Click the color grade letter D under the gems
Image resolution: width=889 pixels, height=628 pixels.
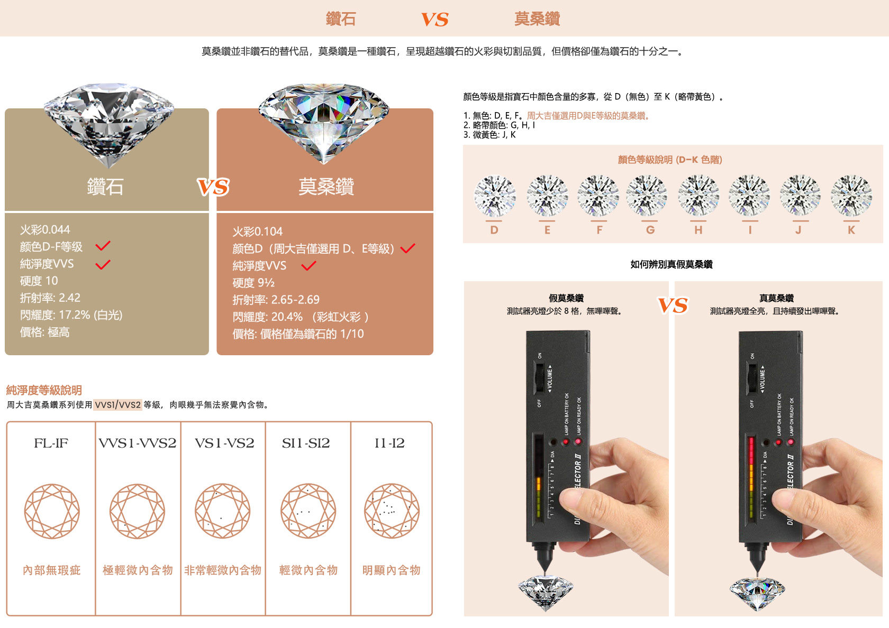coord(494,230)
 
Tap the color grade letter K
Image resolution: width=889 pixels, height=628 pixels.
coord(851,230)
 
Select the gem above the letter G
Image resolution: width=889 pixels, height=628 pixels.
coord(647,196)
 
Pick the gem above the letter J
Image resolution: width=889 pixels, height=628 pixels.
coord(800,196)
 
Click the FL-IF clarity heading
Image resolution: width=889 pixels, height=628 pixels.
coord(51,443)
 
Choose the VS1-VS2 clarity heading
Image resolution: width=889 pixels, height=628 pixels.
coord(224,443)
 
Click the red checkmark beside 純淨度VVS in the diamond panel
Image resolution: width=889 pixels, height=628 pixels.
coord(103,264)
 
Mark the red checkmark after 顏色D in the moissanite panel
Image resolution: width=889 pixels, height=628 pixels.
coord(407,248)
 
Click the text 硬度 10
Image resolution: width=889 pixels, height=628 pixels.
coord(39,281)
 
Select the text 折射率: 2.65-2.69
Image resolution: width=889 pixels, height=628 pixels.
coord(276,300)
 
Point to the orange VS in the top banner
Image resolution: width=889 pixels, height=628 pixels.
coord(434,20)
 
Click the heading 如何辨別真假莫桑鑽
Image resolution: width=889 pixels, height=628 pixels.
coord(672,264)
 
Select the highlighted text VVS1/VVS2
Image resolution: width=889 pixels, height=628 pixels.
coord(118,405)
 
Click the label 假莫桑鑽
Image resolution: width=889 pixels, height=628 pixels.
coord(566,298)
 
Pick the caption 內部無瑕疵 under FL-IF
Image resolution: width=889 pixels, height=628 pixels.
coord(52,570)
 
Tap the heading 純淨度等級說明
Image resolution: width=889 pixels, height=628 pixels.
coord(44,391)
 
